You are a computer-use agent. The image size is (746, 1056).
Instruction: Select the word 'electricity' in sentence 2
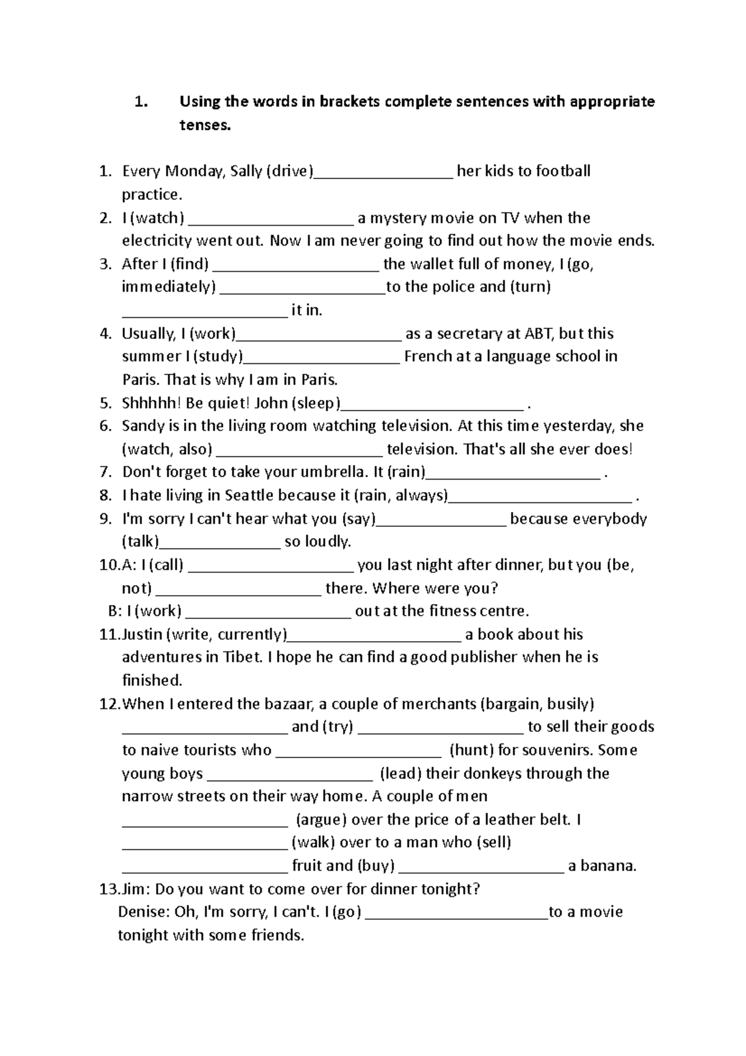[x=157, y=241]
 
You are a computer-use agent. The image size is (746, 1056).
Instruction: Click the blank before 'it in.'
[x=205, y=315]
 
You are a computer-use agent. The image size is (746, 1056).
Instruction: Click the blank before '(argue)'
[x=205, y=825]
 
